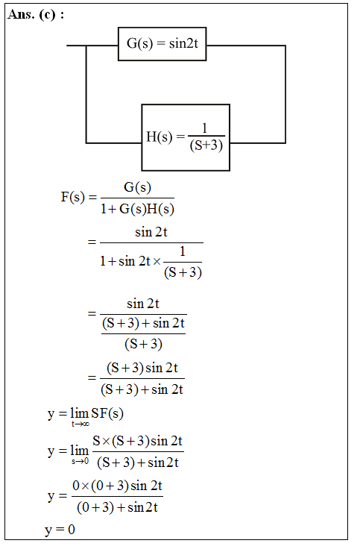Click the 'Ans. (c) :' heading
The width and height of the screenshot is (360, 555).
coord(36,14)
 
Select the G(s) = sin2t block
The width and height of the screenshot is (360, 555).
coord(162,44)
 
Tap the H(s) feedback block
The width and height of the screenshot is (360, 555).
coord(186,137)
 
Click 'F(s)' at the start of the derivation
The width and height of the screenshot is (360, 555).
coord(73,197)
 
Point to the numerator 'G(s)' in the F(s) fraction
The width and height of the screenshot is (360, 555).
coord(138,187)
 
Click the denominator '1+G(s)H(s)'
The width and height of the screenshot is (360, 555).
coord(137,209)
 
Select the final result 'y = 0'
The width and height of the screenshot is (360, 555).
coord(60,530)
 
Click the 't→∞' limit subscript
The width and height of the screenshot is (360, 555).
coord(80,424)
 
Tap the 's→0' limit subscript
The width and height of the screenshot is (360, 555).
coord(80,461)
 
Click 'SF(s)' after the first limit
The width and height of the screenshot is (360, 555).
coord(107,413)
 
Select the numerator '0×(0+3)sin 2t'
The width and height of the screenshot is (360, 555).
coord(117,486)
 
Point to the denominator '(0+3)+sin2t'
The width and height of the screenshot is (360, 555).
coord(117,507)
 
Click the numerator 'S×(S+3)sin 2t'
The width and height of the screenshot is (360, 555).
coord(138,441)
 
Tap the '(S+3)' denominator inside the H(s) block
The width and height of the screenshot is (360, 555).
coord(206,145)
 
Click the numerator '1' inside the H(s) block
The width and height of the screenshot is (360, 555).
coord(204,128)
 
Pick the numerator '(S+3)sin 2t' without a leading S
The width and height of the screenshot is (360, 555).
coord(142,368)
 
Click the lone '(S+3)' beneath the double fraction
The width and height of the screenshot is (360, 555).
coord(143,344)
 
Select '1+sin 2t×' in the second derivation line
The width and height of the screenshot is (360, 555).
coord(130,261)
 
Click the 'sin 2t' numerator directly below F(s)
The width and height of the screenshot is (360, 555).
coord(151,232)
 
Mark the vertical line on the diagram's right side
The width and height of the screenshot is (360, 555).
coord(285,94)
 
